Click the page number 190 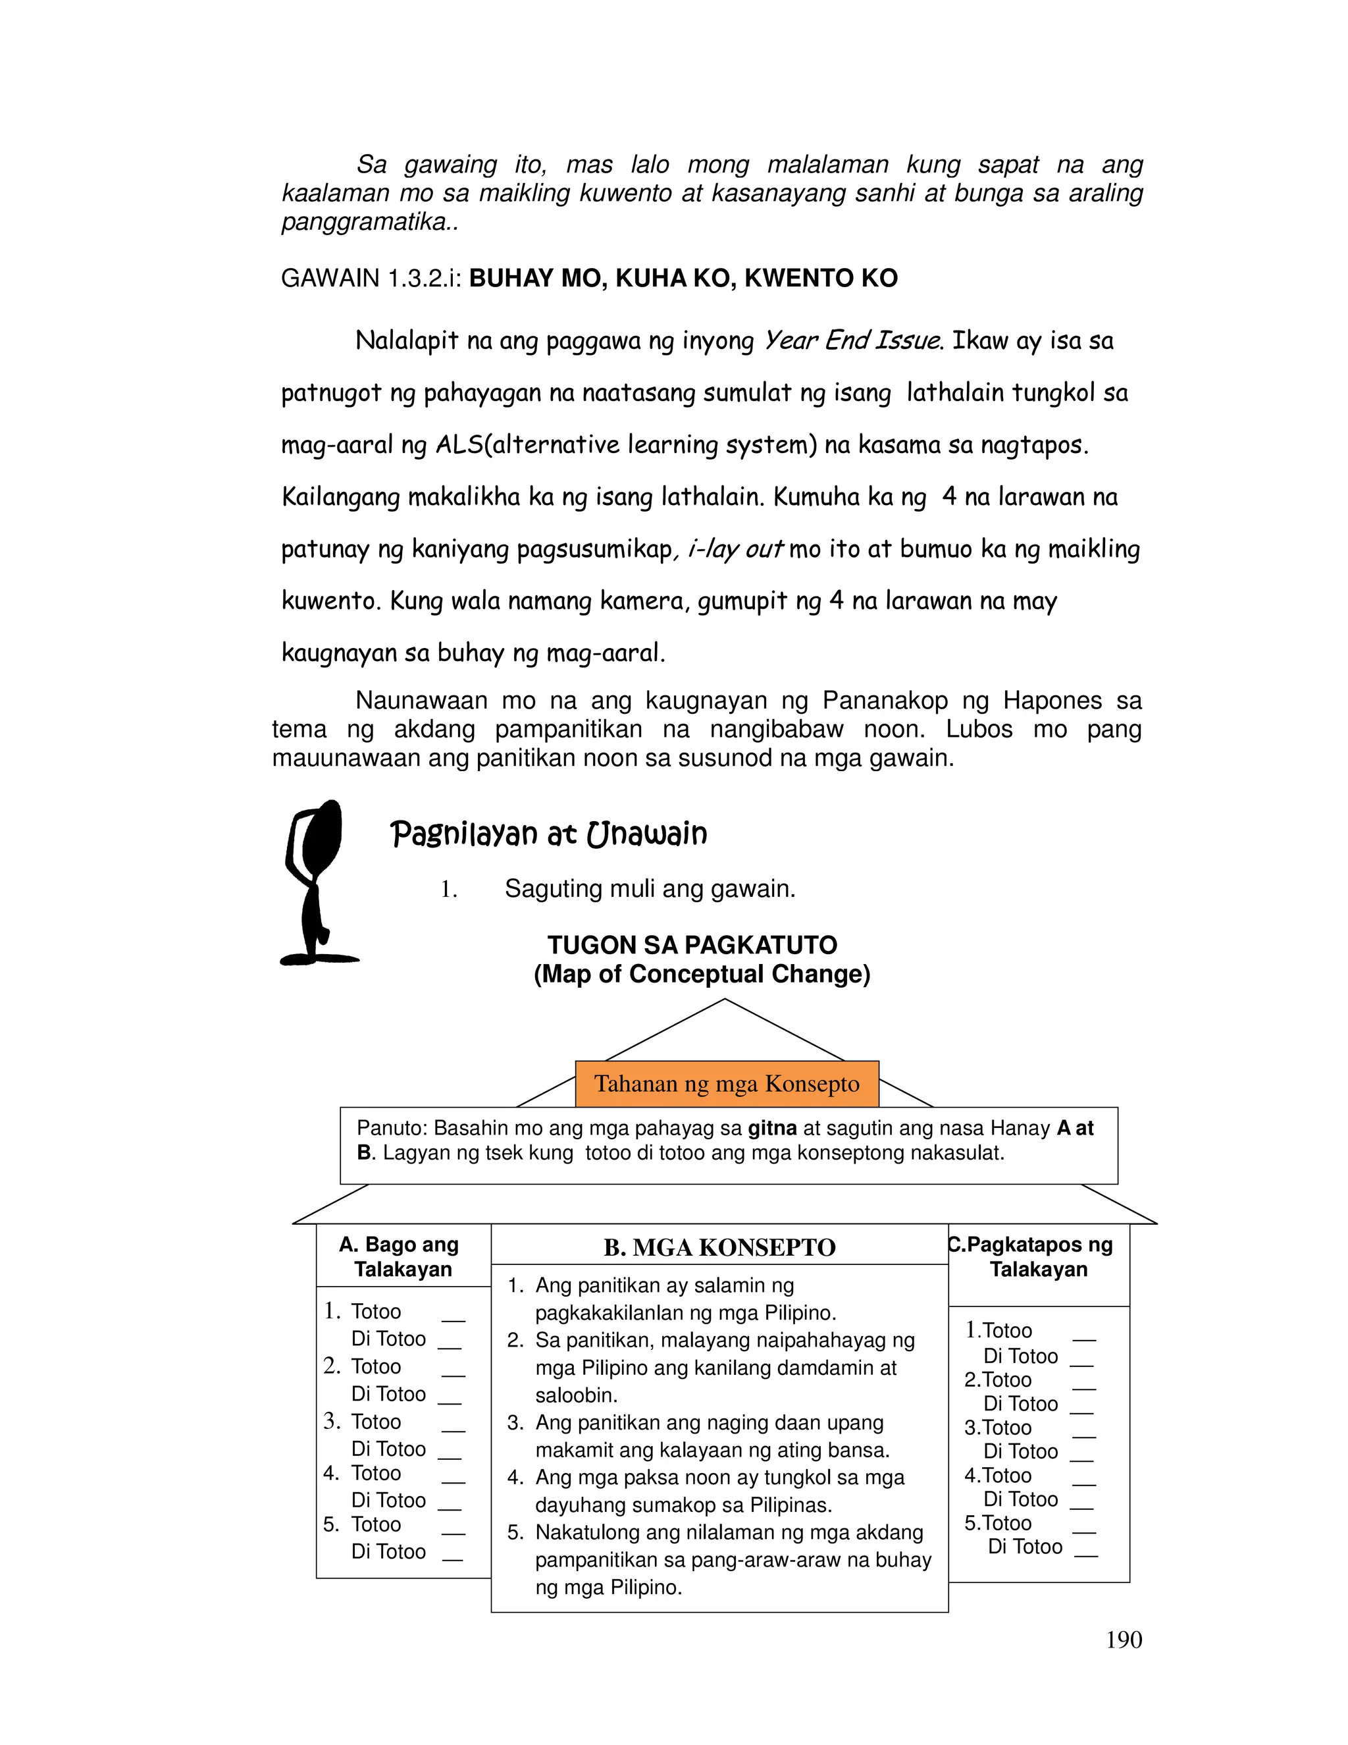(1124, 1640)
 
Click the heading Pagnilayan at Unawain (549, 834)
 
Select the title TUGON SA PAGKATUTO (692, 945)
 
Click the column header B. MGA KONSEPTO (719, 1247)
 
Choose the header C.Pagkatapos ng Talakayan (1038, 1257)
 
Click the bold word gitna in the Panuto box (772, 1128)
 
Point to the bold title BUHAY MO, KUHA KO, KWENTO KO (684, 278)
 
